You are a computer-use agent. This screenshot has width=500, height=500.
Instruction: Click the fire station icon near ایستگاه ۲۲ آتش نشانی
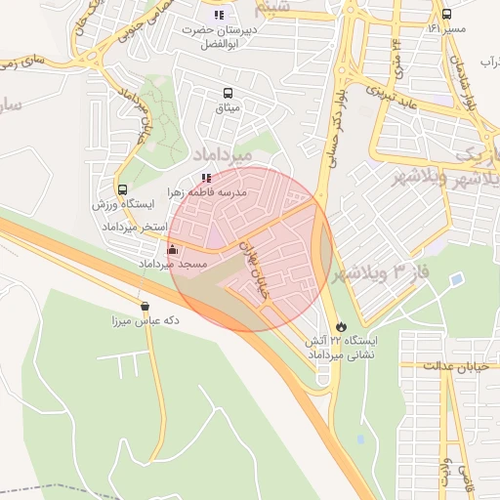340,326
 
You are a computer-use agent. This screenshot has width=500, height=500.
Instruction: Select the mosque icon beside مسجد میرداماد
173,249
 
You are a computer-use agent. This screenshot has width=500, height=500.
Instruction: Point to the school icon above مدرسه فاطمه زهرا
205,178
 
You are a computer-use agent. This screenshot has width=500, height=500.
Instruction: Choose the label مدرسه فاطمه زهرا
207,193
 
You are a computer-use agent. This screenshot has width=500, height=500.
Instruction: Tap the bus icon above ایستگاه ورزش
122,190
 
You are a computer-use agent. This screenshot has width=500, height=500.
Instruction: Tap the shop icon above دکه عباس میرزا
145,306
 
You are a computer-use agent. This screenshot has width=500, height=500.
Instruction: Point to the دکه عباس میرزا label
143,320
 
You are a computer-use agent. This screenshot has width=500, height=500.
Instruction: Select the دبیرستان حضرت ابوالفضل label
217,37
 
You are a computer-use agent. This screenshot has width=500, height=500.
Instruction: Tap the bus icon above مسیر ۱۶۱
446,15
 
